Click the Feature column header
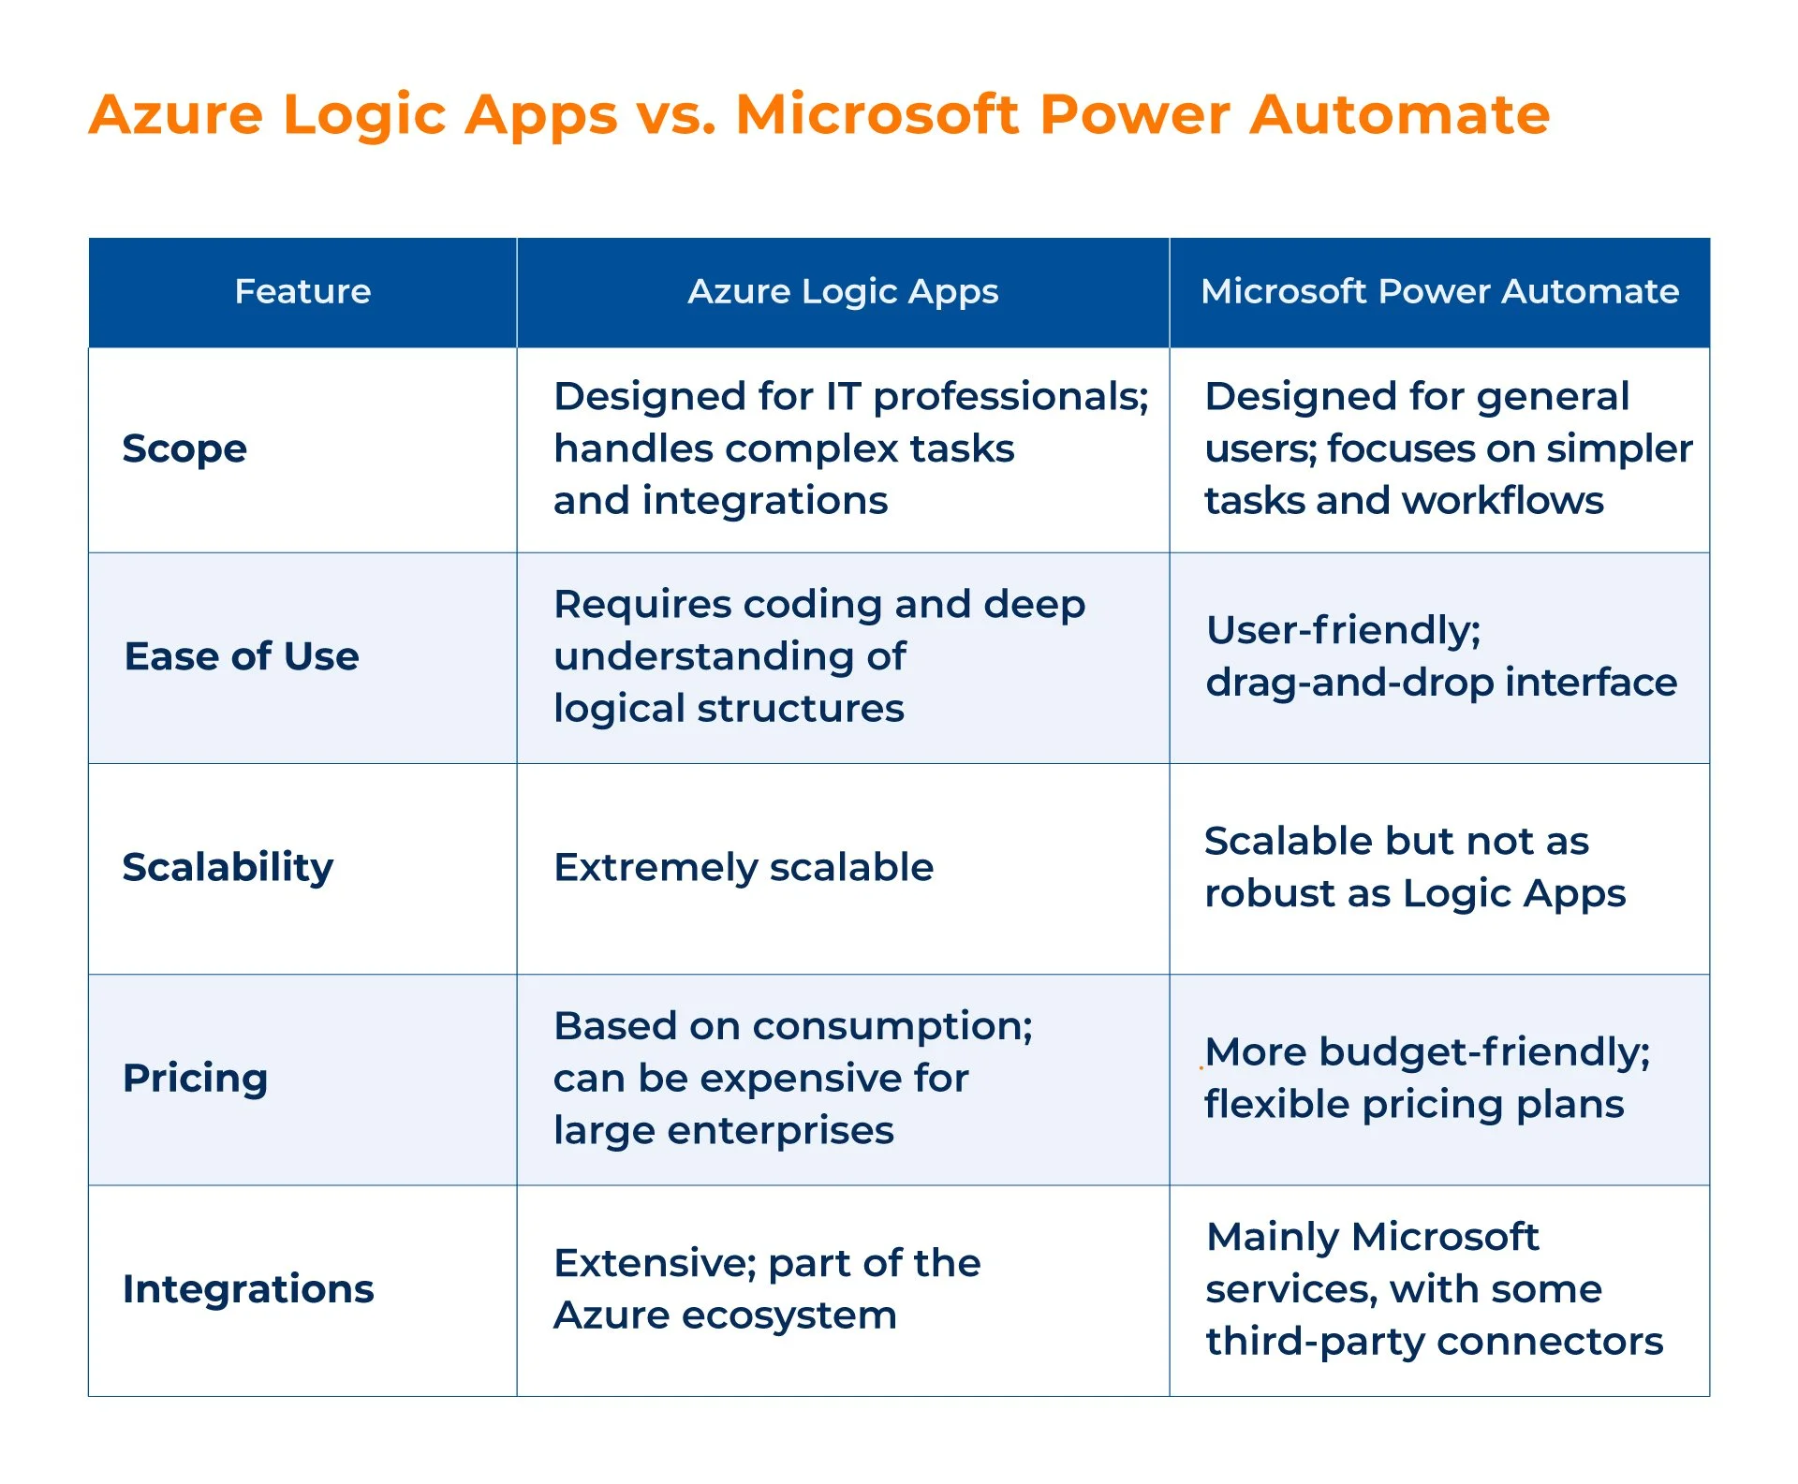[x=302, y=291]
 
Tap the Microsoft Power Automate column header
[x=1439, y=291]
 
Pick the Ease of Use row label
[x=242, y=656]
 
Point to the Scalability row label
[x=228, y=868]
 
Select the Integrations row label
[x=248, y=1290]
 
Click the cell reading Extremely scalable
[x=744, y=868]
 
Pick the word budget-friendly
[x=1484, y=1052]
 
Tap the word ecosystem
[x=789, y=1316]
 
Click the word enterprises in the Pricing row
[x=781, y=1132]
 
